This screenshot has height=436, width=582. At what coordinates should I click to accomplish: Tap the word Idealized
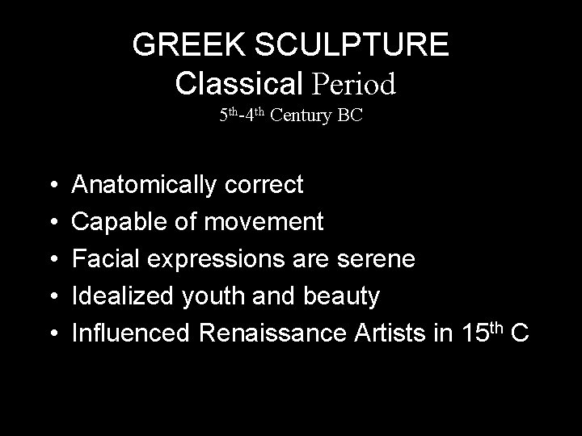[x=120, y=297]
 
